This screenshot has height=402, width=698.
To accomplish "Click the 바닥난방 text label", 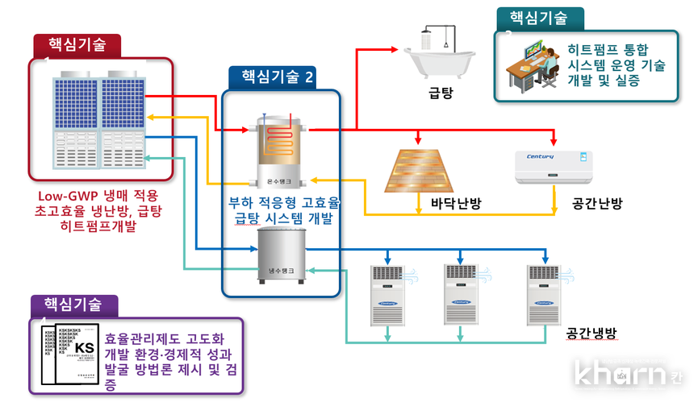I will pos(455,204).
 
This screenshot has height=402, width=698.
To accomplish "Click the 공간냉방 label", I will pos(591,332).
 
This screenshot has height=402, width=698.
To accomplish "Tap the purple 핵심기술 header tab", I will pos(73,305).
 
